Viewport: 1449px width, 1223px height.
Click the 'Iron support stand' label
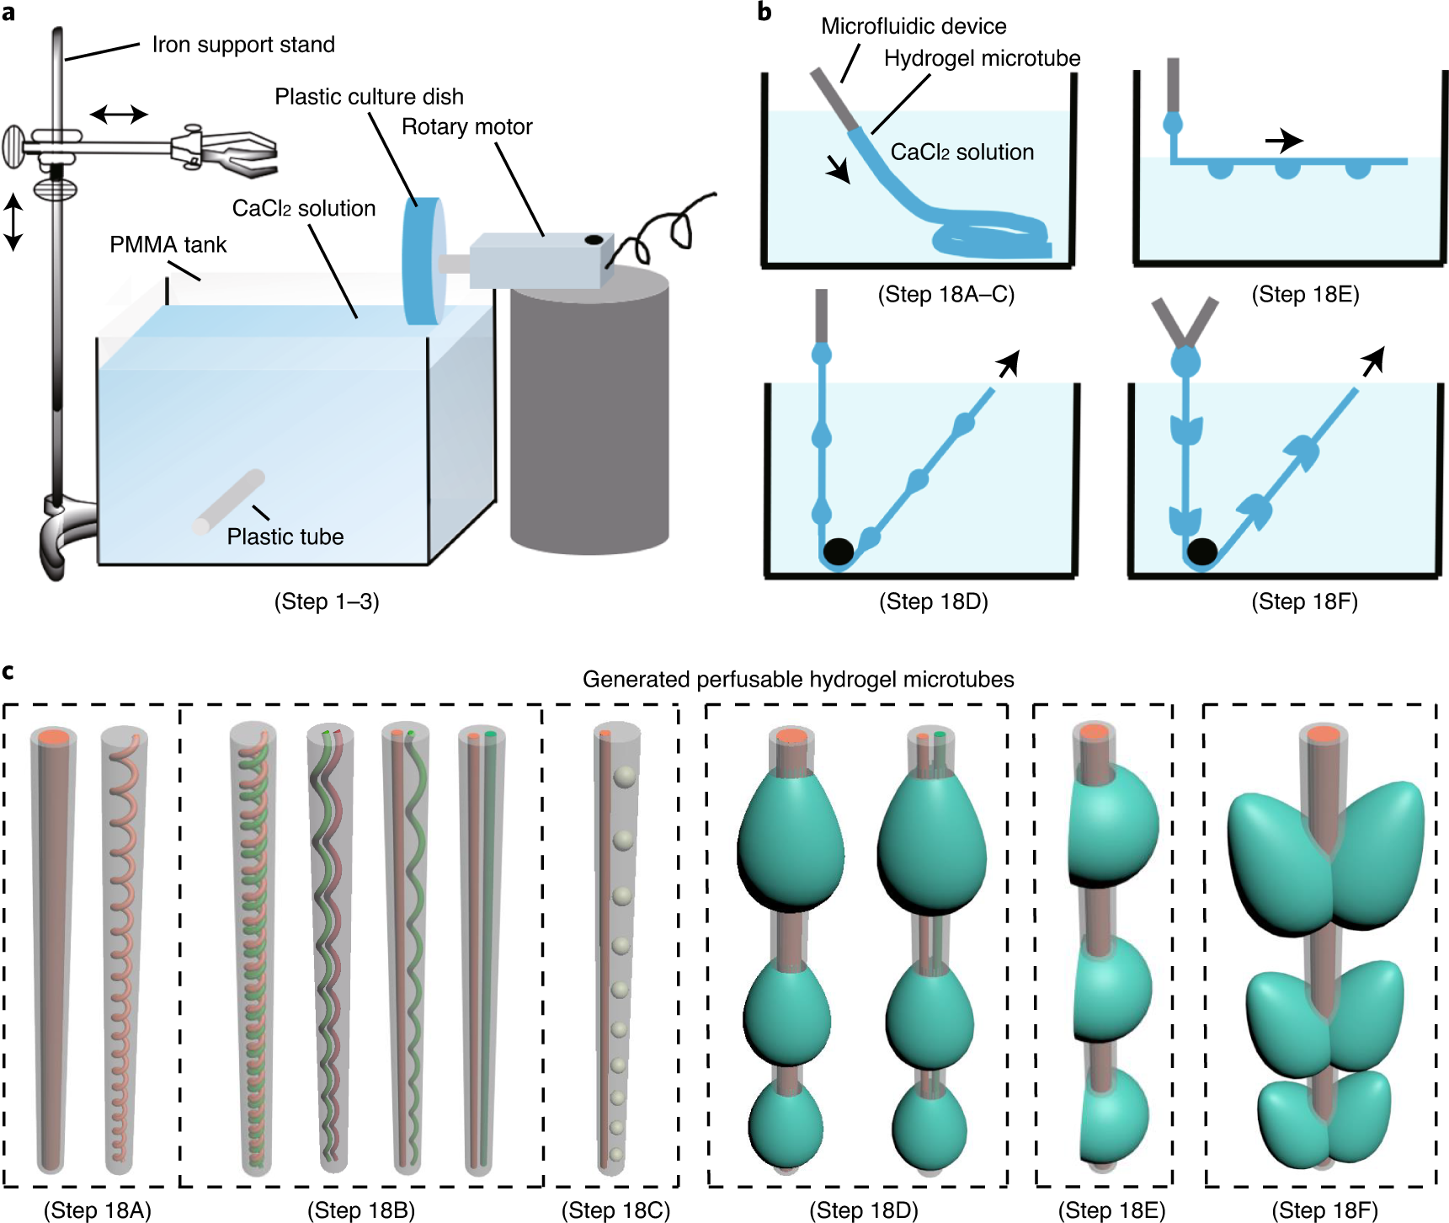click(242, 45)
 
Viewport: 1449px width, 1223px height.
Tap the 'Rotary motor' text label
click(466, 126)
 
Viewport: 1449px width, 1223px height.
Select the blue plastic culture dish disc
click(422, 261)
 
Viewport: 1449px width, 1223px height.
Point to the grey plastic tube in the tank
click(229, 501)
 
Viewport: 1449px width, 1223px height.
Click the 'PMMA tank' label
click(168, 244)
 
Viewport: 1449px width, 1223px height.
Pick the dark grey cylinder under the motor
click(589, 421)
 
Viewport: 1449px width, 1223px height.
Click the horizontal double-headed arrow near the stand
click(119, 114)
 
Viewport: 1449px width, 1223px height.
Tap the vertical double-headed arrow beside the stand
click(13, 222)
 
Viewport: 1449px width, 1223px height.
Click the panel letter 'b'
click(764, 12)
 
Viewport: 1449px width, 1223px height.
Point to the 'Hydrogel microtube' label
click(982, 58)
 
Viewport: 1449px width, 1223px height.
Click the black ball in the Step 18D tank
click(838, 551)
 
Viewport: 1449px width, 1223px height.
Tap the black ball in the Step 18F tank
click(1201, 551)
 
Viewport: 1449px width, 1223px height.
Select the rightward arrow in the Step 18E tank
click(1284, 140)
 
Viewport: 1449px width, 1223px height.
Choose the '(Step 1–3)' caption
click(327, 601)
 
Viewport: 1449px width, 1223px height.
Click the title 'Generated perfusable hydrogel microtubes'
click(797, 679)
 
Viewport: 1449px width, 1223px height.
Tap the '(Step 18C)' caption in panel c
click(615, 1210)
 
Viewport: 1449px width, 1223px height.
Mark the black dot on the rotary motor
click(594, 240)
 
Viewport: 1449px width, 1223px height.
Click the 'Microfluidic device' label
click(914, 26)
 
